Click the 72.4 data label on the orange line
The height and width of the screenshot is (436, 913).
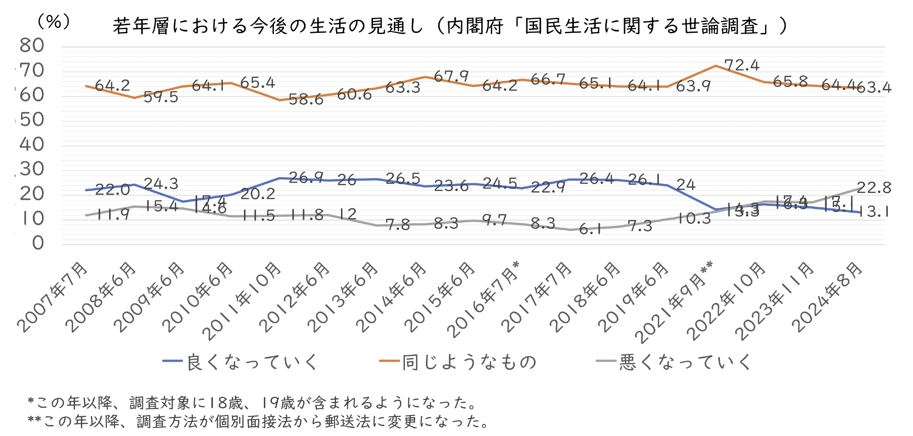pos(742,65)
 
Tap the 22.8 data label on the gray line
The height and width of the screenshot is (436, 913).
pos(874,187)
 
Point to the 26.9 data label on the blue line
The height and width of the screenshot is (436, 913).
pos(306,177)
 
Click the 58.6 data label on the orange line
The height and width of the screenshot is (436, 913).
pos(306,100)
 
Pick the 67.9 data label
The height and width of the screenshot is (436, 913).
pos(451,76)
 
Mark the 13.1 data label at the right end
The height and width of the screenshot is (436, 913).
pos(874,212)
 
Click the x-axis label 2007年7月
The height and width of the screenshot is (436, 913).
pos(53,297)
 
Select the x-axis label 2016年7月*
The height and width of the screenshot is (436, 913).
pos(484,299)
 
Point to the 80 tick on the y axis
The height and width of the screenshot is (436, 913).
pos(32,45)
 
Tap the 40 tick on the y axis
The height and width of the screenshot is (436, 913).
pos(32,144)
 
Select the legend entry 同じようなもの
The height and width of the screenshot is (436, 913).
pos(469,362)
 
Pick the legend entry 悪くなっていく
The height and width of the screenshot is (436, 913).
pos(685,362)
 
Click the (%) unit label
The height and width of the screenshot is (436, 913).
pos(54,21)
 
